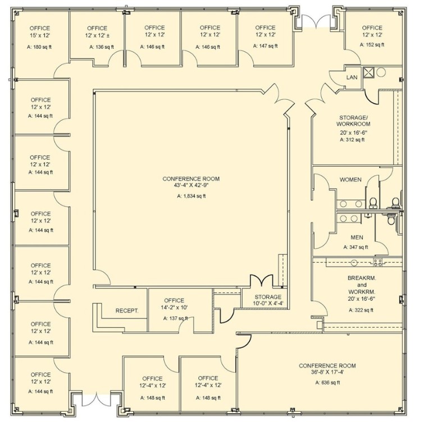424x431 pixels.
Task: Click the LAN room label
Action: click(x=352, y=76)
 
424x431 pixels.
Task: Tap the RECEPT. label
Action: click(x=127, y=310)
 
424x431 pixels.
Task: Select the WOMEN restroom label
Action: click(x=351, y=180)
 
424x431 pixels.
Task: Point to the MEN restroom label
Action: click(x=356, y=237)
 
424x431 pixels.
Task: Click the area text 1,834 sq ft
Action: click(x=191, y=196)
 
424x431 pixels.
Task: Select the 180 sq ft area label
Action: click(x=40, y=47)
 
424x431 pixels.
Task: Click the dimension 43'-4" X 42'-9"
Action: click(x=191, y=186)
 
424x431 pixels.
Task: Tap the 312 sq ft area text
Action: click(x=353, y=140)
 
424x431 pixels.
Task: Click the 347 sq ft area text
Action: click(x=356, y=247)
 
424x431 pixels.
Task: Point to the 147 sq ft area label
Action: click(x=265, y=47)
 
